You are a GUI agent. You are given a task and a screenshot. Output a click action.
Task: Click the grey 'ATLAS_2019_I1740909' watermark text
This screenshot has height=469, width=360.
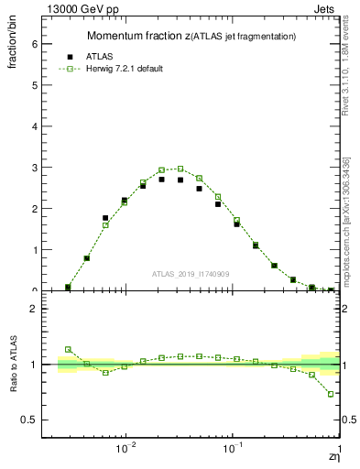tap(192, 274)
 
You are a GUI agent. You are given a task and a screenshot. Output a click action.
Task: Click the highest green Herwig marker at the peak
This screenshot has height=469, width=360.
tap(180, 169)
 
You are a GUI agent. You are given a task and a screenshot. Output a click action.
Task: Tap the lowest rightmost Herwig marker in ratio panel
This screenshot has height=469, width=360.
tap(331, 394)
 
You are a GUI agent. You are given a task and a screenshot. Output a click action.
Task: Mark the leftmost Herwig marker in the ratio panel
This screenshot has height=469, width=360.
tap(68, 349)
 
